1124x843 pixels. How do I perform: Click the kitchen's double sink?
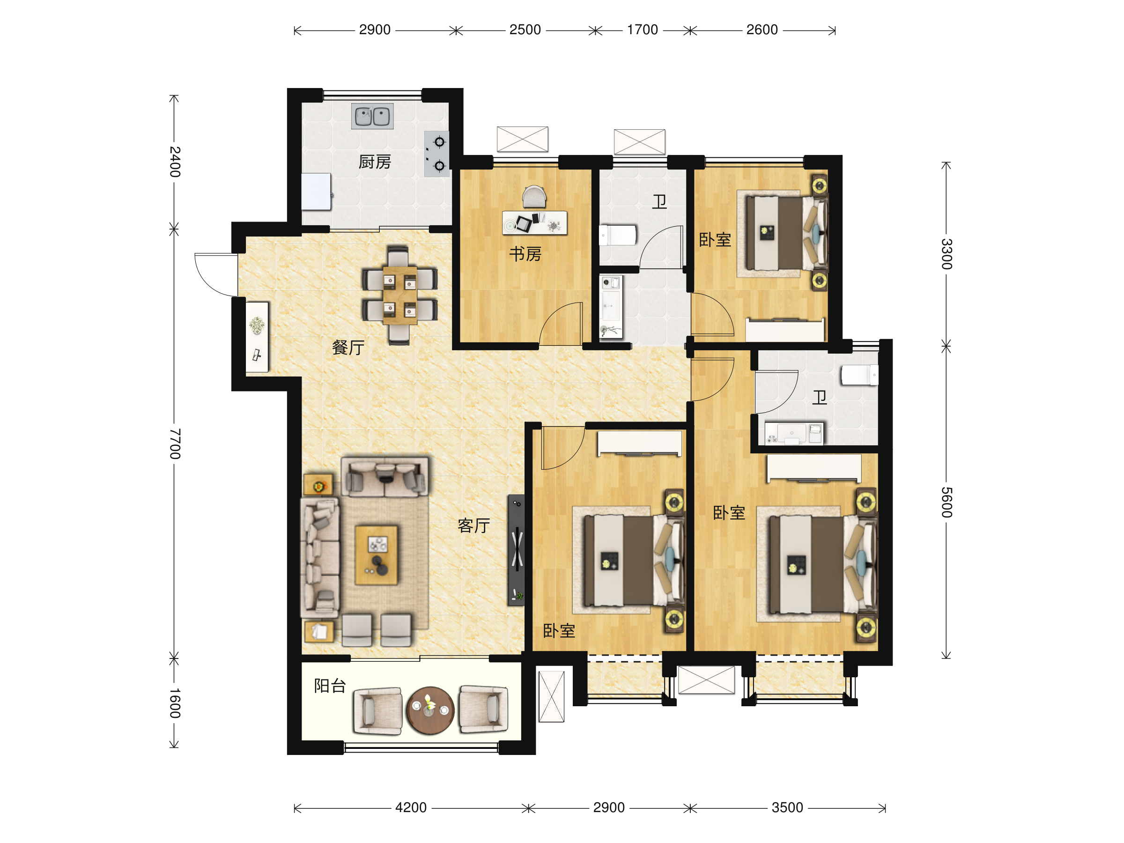(x=372, y=116)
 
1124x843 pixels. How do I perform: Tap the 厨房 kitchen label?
(x=375, y=162)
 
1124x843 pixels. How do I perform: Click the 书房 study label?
(x=525, y=253)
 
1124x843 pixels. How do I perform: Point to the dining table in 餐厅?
(x=400, y=295)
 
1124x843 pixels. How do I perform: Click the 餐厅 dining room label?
(x=348, y=348)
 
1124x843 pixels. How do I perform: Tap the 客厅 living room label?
(x=473, y=525)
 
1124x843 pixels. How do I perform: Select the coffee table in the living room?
(x=376, y=555)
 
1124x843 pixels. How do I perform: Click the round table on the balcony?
(x=430, y=710)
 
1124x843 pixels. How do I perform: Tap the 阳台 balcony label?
(x=330, y=686)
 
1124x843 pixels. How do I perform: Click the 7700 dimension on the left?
(x=175, y=444)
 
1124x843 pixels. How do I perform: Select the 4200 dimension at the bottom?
(x=411, y=807)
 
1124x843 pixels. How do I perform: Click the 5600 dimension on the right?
(x=946, y=502)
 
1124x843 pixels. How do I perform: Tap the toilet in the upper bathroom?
(x=618, y=235)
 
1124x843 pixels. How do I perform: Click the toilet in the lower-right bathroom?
(x=859, y=375)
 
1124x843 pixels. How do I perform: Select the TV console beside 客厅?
(x=516, y=550)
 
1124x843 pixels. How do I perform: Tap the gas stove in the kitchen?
(x=436, y=154)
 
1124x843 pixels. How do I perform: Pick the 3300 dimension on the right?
(x=946, y=253)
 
